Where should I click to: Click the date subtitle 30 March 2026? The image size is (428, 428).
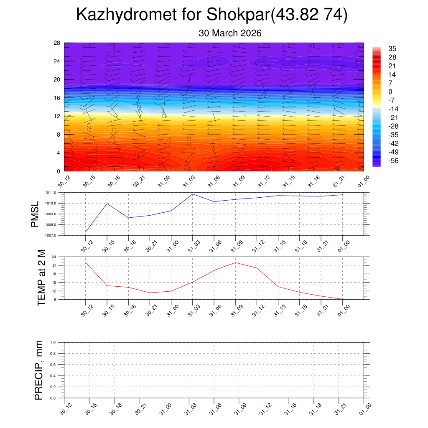tap(230, 33)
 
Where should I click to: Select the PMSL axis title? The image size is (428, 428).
tap(35, 214)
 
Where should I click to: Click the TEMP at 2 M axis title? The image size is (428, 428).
tap(41, 278)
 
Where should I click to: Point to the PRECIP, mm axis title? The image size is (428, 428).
tap(39, 370)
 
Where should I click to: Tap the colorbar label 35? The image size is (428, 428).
tap(392, 48)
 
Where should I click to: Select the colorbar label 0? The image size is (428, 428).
tap(390, 92)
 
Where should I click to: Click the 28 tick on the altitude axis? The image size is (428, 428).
tap(57, 43)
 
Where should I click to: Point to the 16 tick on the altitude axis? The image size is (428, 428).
tap(57, 98)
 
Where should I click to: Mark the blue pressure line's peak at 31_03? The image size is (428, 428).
tap(193, 194)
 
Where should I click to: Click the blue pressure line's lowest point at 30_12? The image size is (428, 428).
tap(86, 232)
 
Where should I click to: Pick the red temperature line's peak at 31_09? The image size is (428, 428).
tap(235, 262)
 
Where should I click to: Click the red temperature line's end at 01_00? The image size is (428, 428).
tap(342, 299)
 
